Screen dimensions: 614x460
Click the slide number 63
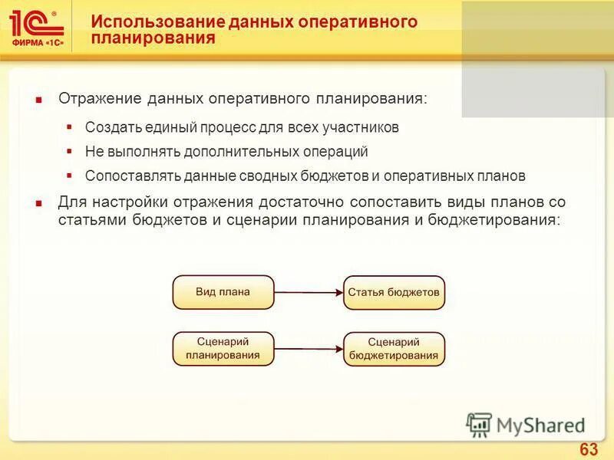(589, 449)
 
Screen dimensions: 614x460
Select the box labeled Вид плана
(223, 292)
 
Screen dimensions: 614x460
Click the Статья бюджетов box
(394, 292)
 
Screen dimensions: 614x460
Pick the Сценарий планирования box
(223, 349)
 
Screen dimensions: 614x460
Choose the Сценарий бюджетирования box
(394, 349)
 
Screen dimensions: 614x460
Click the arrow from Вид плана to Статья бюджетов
(308, 292)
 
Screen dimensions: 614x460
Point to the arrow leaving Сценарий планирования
(308, 349)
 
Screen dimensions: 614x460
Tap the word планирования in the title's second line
(153, 38)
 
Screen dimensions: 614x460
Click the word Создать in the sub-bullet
(109, 127)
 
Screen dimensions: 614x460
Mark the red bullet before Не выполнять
(69, 151)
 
